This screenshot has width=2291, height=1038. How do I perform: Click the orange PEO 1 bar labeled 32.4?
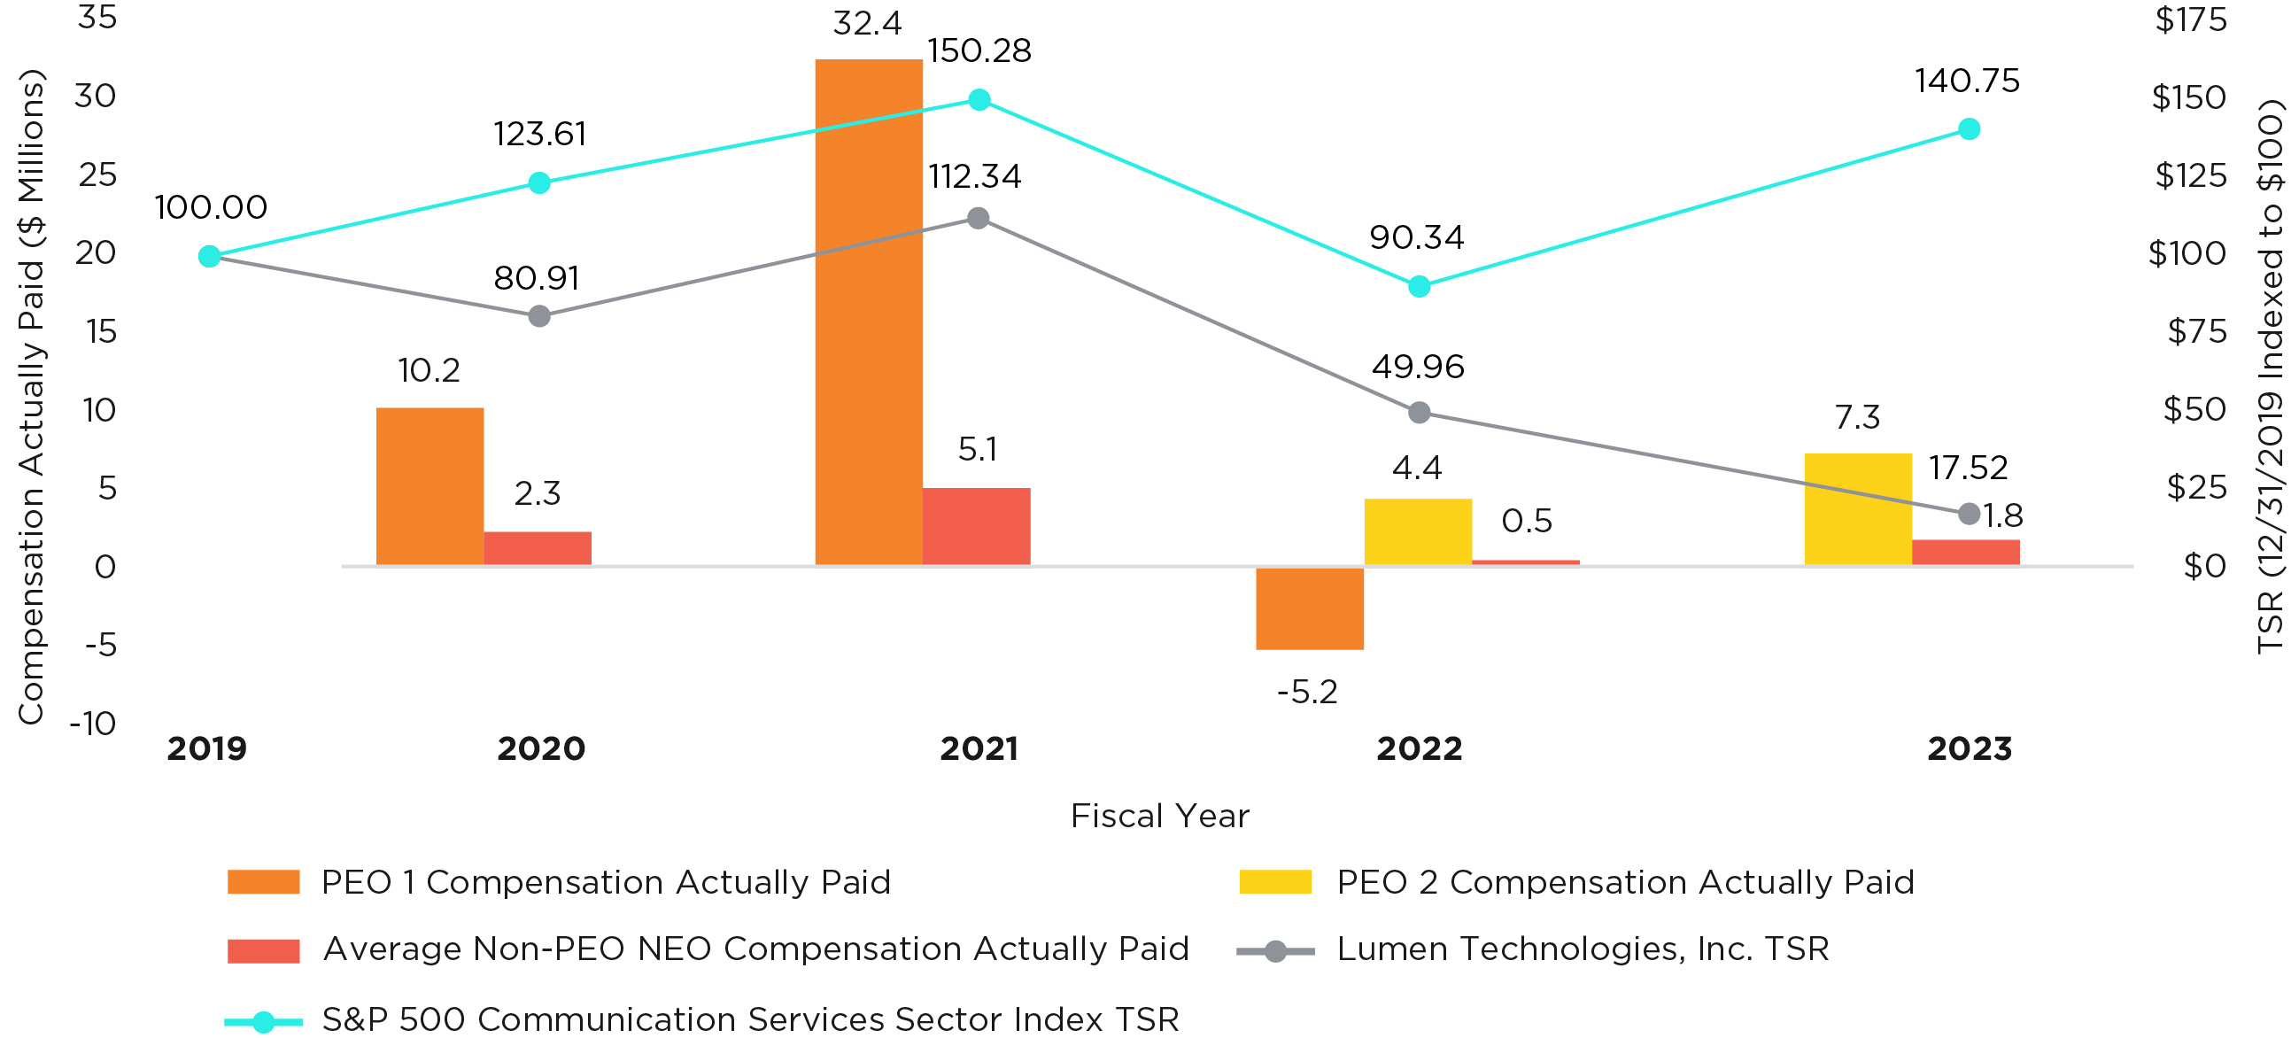pyautogui.click(x=868, y=311)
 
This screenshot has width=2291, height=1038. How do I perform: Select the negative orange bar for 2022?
pyautogui.click(x=1309, y=608)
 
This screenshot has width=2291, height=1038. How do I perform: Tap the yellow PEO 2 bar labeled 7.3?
pyautogui.click(x=1857, y=508)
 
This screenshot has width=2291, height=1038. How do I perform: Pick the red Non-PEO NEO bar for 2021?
pyautogui.click(x=976, y=527)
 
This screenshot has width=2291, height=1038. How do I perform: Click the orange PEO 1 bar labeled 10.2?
pyautogui.click(x=430, y=486)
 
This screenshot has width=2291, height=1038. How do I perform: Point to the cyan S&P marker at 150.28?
pyautogui.click(x=979, y=99)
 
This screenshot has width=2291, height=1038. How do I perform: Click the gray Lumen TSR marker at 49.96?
pyautogui.click(x=1420, y=413)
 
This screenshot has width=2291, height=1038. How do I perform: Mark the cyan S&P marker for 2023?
pyautogui.click(x=1969, y=129)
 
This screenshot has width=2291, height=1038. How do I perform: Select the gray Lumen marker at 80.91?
pyautogui.click(x=539, y=316)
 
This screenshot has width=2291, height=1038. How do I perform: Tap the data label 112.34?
pyautogui.click(x=975, y=177)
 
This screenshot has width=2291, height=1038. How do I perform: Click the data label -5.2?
pyautogui.click(x=1306, y=692)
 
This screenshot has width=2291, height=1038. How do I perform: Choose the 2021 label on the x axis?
pyautogui.click(x=979, y=749)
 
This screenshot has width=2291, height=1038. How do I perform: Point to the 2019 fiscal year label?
pyautogui.click(x=206, y=749)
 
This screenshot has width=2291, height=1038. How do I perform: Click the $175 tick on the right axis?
pyautogui.click(x=2190, y=19)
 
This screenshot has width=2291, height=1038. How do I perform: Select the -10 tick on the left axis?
pyautogui.click(x=93, y=723)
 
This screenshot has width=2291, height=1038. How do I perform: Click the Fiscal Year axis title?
pyautogui.click(x=1160, y=816)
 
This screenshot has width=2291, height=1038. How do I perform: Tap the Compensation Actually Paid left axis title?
pyautogui.click(x=32, y=396)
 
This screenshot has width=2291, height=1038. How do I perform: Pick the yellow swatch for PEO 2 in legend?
pyautogui.click(x=1274, y=881)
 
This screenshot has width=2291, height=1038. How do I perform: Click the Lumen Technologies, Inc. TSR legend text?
pyautogui.click(x=1583, y=949)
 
